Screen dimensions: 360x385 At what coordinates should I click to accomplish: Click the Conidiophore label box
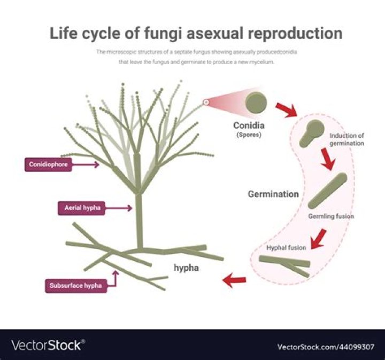[48, 165]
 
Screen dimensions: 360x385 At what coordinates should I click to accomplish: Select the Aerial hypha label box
[80, 208]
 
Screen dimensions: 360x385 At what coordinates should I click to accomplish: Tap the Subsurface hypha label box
[75, 285]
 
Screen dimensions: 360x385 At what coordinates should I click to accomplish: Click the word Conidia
[249, 126]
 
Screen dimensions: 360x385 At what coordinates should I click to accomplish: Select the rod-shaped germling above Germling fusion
[328, 191]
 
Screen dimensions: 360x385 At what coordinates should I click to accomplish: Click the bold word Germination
[273, 194]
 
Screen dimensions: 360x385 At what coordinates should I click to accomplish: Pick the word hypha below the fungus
[186, 268]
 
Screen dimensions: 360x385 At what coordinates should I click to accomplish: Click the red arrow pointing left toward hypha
[234, 280]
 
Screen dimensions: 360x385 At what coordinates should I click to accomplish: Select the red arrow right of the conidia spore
[287, 109]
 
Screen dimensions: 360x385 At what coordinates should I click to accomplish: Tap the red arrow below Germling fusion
[319, 238]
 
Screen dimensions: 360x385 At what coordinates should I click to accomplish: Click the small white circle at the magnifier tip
[205, 101]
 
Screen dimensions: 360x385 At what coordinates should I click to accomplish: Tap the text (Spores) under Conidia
[248, 136]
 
